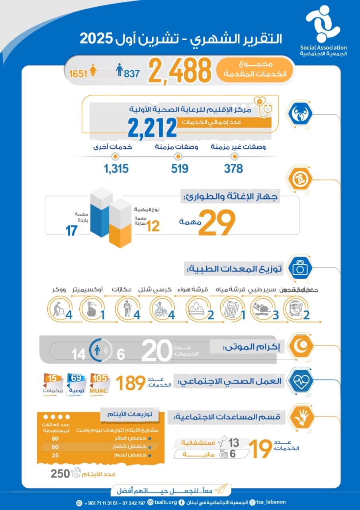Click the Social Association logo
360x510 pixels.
pos(322,25)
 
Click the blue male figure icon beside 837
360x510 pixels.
pos(119,71)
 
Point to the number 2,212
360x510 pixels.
pos(152,128)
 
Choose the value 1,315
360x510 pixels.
pos(116,169)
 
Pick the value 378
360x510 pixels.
pos(233,169)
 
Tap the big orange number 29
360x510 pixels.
pos(217,223)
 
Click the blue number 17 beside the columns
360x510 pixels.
pos(71,231)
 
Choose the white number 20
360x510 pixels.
pos(157,351)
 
